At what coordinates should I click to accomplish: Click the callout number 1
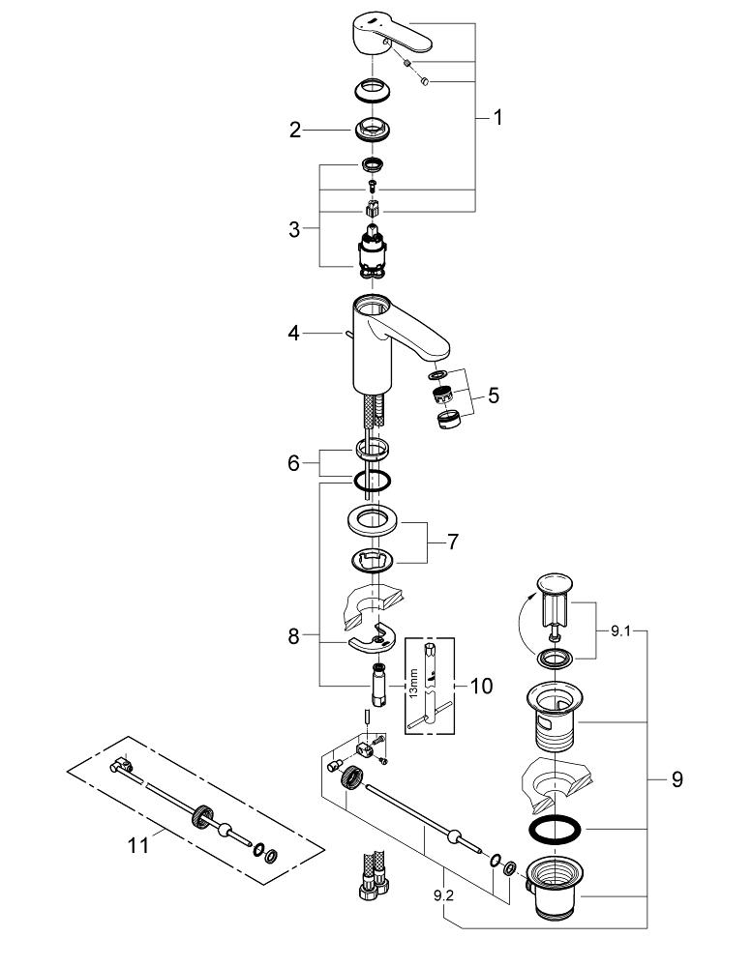498,118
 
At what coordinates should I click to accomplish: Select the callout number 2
295,130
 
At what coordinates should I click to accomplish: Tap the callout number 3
294,229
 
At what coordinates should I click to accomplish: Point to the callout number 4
293,335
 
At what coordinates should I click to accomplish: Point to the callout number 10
480,687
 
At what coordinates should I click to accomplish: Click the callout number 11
138,844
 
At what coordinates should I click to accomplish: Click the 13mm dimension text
413,683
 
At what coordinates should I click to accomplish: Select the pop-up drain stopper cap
554,585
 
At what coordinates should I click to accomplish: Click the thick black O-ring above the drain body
555,831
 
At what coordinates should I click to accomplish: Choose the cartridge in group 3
372,249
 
